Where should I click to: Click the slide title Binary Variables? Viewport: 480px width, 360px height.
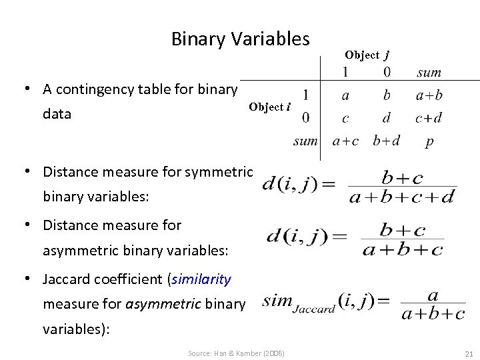pos(240,39)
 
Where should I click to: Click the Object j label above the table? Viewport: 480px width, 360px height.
pos(367,55)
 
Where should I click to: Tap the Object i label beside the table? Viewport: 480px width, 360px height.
pos(269,107)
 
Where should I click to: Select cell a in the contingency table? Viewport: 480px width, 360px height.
pos(345,95)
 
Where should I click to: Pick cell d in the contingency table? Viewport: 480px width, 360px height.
pos(387,119)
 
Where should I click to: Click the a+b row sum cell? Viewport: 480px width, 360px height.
pos(429,95)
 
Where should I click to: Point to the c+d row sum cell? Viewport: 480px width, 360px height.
pos(429,119)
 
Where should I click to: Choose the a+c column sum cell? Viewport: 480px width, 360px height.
pos(345,141)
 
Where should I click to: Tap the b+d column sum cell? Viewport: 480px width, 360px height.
pos(387,141)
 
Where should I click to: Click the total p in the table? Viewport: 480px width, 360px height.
pos(429,142)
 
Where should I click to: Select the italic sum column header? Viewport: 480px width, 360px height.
pos(429,72)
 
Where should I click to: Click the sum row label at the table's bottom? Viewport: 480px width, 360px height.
pos(305,141)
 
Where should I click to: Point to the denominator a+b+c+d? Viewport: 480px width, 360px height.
pos(402,196)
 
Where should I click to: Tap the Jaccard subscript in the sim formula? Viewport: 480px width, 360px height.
pos(314,309)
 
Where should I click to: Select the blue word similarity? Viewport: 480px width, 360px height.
pos(201,279)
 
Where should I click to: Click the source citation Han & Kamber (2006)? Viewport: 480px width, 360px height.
pos(235,353)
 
